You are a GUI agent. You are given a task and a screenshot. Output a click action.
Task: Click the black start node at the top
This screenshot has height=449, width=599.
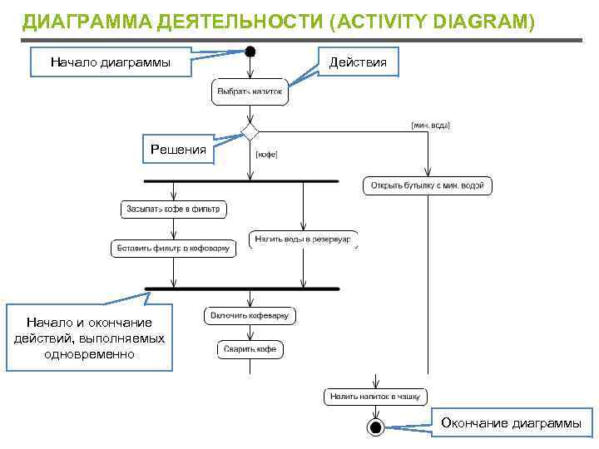point(250,52)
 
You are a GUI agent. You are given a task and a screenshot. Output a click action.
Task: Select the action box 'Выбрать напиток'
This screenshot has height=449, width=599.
point(250,91)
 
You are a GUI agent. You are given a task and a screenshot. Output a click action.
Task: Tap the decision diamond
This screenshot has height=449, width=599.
point(250,131)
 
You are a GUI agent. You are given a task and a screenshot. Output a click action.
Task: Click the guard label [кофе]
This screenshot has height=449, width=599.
point(266,154)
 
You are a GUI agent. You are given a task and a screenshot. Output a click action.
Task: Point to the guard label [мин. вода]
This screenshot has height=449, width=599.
point(431,125)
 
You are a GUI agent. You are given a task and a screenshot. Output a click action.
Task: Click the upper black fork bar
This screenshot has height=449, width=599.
point(240,180)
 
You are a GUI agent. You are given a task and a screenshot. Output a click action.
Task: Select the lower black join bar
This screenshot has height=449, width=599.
point(242,289)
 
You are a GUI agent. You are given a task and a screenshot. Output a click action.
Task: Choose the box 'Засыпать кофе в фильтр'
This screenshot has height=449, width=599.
point(174,210)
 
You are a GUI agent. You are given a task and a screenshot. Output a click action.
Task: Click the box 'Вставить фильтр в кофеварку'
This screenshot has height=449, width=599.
point(174,248)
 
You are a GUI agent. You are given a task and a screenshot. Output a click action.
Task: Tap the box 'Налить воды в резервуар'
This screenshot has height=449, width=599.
point(304,239)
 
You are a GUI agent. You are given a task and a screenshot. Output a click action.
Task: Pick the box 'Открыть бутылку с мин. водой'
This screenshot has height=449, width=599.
point(428,185)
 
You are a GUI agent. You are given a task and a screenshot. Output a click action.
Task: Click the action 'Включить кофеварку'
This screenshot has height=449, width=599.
point(250,316)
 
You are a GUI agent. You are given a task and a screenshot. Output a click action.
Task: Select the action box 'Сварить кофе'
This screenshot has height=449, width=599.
point(250,349)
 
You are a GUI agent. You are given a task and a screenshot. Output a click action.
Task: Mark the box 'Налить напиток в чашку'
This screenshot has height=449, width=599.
point(375,397)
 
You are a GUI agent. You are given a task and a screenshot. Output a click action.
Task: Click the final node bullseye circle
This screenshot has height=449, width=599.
point(375,428)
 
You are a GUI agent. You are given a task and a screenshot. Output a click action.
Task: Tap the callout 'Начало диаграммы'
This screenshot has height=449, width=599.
point(111,62)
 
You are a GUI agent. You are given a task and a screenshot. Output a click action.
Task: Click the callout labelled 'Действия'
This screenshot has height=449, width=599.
point(358,62)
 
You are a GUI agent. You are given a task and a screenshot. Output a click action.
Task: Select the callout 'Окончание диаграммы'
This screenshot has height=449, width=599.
point(512,423)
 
